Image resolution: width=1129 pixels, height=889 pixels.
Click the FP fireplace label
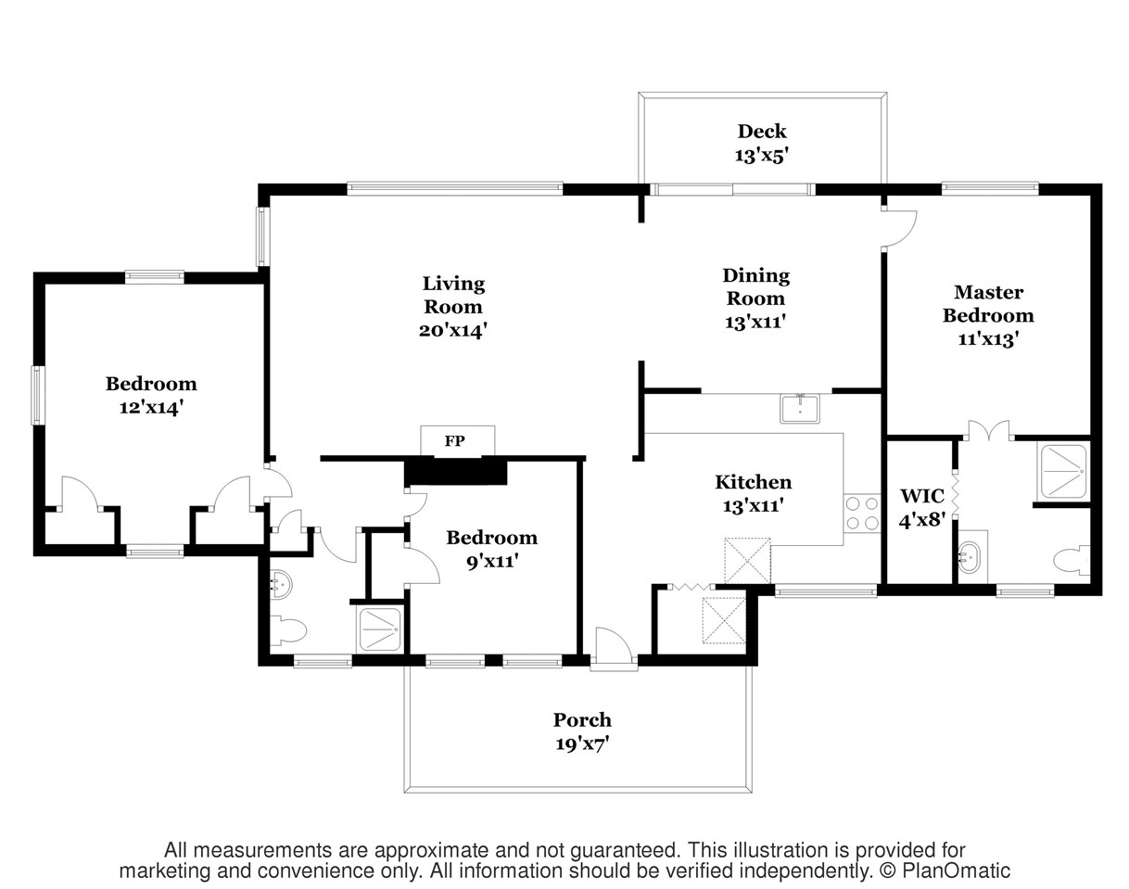click(454, 441)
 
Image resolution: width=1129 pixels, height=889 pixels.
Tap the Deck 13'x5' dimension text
click(761, 156)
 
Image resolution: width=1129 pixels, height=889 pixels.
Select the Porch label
click(582, 719)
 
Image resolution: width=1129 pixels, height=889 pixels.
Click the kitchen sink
click(800, 409)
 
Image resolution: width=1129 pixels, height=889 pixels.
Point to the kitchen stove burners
click(862, 513)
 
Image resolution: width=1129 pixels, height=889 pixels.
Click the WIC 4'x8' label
click(921, 507)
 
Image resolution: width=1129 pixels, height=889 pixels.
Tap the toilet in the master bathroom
click(1072, 561)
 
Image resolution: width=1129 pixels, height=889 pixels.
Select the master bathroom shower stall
click(1063, 471)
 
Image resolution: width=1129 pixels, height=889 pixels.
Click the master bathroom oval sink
click(970, 558)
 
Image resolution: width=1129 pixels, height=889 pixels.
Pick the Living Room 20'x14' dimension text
click(453, 330)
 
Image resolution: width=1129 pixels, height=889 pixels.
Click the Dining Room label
click(755, 286)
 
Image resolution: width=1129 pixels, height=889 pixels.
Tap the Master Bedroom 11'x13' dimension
click(988, 338)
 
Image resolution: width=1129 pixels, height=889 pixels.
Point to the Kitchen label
click(754, 482)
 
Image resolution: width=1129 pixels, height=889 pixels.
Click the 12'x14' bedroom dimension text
click(151, 407)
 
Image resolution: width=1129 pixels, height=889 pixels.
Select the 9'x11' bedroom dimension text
click(492, 561)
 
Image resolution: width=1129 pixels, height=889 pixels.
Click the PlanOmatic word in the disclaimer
click(956, 870)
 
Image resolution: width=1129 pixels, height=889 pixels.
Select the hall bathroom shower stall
click(379, 629)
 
